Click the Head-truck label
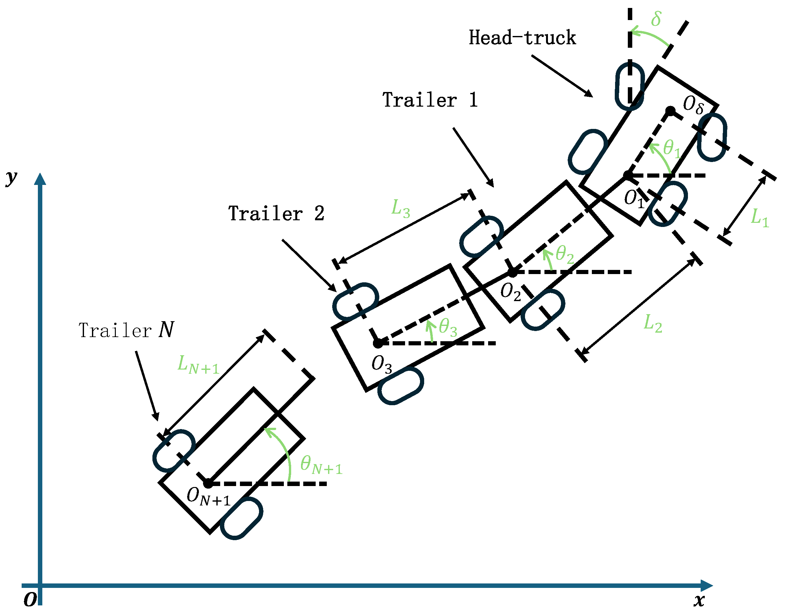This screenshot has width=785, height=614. pyautogui.click(x=522, y=38)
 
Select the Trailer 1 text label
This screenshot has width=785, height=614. pyautogui.click(x=430, y=100)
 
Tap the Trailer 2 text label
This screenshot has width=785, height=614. pyautogui.click(x=276, y=214)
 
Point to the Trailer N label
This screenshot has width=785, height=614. pyautogui.click(x=126, y=330)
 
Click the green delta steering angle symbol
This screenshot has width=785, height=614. pyautogui.click(x=656, y=19)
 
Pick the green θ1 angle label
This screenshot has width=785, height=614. pyautogui.click(x=671, y=148)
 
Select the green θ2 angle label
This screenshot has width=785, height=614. pyautogui.click(x=564, y=255)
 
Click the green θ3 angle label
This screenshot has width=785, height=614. pyautogui.click(x=448, y=327)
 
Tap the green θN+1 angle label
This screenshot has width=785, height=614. pyautogui.click(x=321, y=464)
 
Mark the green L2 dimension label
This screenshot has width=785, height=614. pyautogui.click(x=652, y=323)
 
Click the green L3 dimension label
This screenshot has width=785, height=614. pyautogui.click(x=400, y=208)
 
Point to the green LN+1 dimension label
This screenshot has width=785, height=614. pyautogui.click(x=198, y=364)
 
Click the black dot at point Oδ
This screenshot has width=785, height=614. pyautogui.click(x=671, y=111)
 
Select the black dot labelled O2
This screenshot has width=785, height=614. pyautogui.click(x=513, y=272)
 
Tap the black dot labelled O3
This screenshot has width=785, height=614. pyautogui.click(x=378, y=344)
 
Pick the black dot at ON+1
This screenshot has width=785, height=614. pyautogui.click(x=208, y=484)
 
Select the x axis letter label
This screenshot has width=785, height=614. pyautogui.click(x=699, y=600)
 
